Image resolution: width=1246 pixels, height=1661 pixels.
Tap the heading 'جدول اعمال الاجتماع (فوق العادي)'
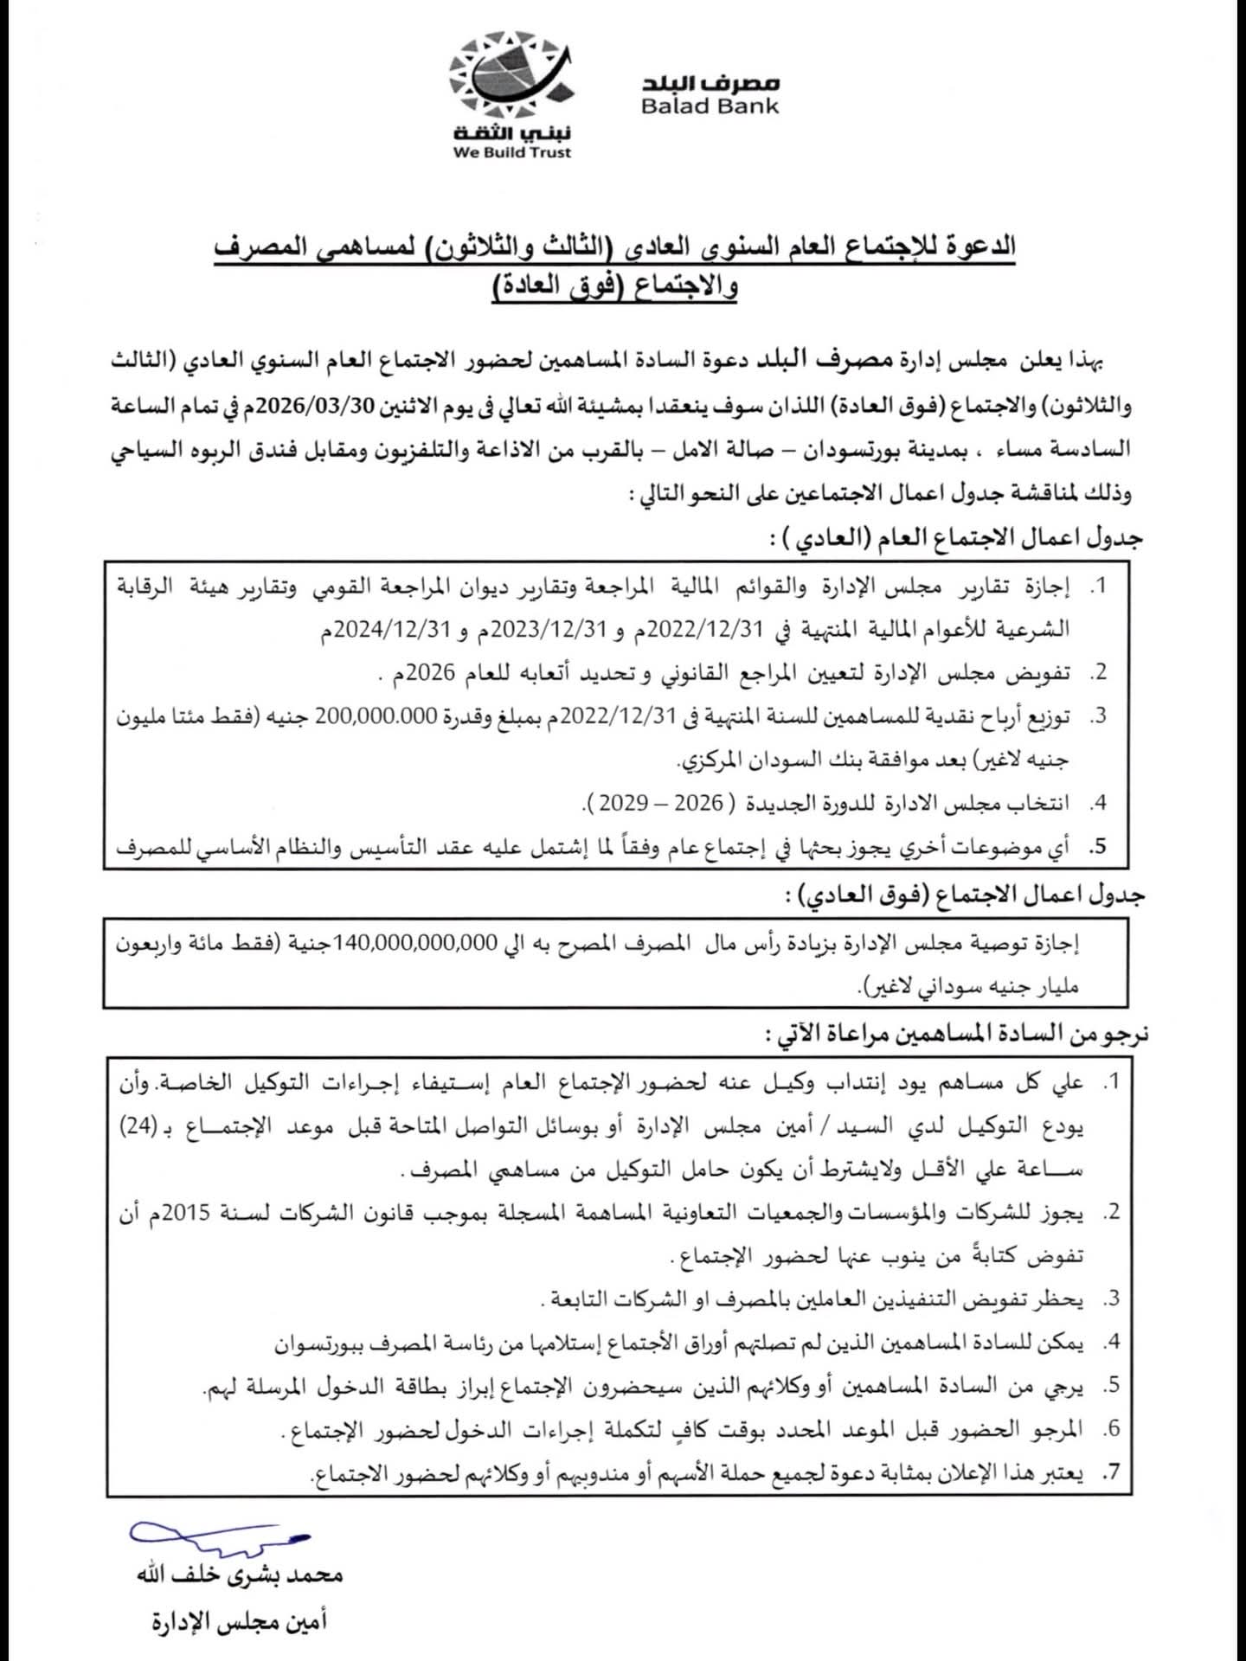(x=965, y=896)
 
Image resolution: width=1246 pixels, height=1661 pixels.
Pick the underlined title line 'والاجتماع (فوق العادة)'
(x=615, y=286)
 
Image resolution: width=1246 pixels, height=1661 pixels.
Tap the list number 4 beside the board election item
(x=1098, y=803)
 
